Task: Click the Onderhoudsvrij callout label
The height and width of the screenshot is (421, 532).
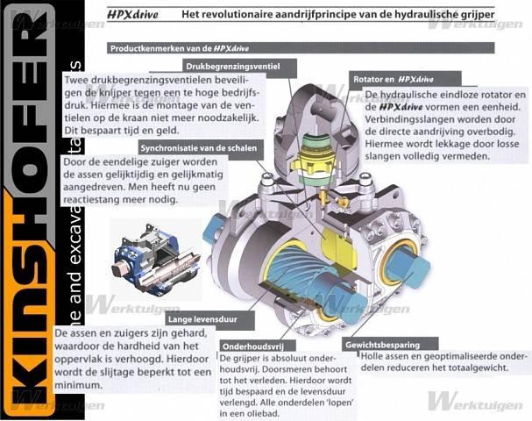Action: point(248,346)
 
